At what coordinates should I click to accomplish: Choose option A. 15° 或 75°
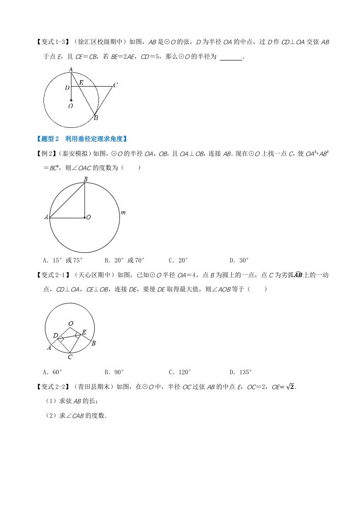coord(62,260)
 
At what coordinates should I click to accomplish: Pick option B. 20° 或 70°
coord(125,260)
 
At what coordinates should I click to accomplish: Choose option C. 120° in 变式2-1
coord(179,372)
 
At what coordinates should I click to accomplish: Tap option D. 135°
coord(241,372)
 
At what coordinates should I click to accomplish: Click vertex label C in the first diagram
coord(115,85)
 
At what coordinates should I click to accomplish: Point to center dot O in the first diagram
coord(71,99)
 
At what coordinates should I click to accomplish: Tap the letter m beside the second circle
coord(123,213)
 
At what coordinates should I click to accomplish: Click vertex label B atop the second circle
coord(85,180)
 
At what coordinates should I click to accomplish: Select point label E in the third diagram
coord(84,332)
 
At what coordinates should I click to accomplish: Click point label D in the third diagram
coord(55,336)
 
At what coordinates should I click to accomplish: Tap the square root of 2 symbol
coord(290,387)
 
